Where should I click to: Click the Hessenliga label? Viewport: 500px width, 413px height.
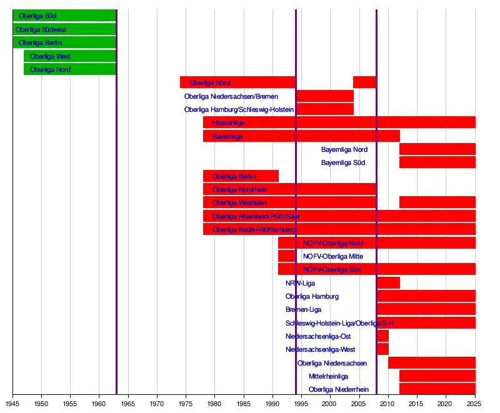(228, 122)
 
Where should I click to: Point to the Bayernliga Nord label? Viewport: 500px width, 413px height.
(344, 149)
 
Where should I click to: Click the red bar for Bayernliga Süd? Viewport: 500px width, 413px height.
(437, 162)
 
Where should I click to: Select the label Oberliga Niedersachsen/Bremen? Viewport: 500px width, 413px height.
(231, 96)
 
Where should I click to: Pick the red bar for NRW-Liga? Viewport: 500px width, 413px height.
(388, 283)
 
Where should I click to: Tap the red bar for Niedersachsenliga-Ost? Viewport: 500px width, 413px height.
(382, 336)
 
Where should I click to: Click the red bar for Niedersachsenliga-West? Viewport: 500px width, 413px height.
(382, 349)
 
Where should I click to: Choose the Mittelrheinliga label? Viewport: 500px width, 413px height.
(329, 376)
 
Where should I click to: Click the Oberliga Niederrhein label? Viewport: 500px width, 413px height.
(339, 389)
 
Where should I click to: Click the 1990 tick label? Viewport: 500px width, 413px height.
(272, 404)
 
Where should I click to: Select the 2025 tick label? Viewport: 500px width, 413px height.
(475, 404)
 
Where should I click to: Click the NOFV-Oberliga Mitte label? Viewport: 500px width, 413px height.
(333, 256)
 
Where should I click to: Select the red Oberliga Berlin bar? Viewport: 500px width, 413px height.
(241, 176)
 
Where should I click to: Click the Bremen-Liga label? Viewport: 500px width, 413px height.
(304, 309)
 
